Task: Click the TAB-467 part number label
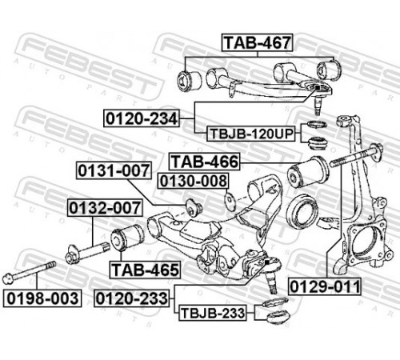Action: coord(257,42)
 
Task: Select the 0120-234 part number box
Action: coord(142,118)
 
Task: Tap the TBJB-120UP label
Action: coord(251,134)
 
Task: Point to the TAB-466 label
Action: coord(204,162)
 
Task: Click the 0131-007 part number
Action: coord(114,170)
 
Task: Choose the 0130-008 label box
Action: coord(193,181)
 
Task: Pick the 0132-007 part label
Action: coord(105,208)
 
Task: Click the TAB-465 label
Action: coord(145,270)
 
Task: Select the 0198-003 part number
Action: coord(42,298)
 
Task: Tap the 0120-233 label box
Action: coord(132,298)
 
